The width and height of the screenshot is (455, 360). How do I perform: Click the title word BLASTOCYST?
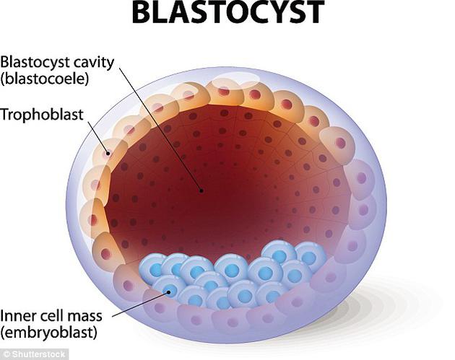(x=228, y=12)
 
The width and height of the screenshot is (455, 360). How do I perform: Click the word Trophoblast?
(x=42, y=115)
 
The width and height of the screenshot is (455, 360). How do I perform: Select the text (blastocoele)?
(x=44, y=79)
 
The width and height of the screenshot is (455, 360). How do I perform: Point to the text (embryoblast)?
(x=48, y=332)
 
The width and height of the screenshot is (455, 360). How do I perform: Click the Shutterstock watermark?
(x=35, y=354)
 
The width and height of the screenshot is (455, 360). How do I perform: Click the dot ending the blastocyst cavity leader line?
(x=201, y=190)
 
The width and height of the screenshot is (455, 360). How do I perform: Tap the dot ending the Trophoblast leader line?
(x=108, y=154)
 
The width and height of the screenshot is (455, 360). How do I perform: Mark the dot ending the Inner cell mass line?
(x=168, y=292)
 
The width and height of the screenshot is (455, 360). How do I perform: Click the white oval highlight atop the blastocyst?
(x=235, y=78)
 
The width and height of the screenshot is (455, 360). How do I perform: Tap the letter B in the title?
(x=142, y=12)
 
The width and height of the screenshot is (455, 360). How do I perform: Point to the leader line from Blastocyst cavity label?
(x=160, y=129)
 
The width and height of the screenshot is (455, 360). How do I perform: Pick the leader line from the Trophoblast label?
(x=98, y=137)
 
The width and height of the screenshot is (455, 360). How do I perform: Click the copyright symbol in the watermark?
(x=7, y=354)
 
